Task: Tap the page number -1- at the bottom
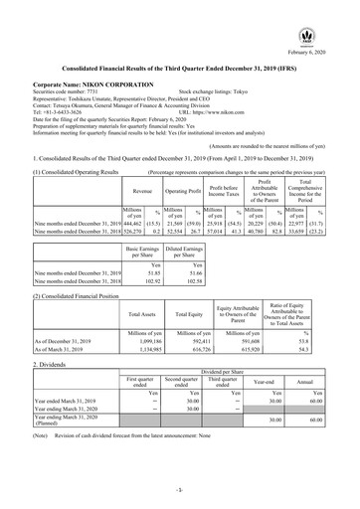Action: click(180, 492)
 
